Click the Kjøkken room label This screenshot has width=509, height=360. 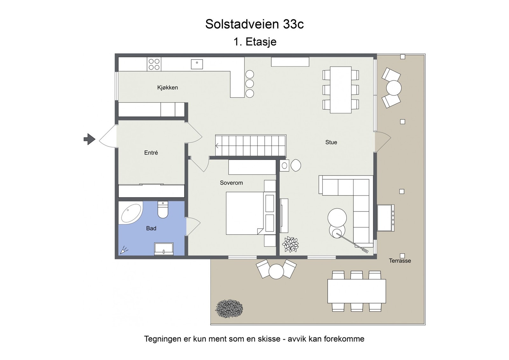(x=167, y=87)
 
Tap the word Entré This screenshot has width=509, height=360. (x=151, y=153)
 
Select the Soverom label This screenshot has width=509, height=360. (x=231, y=183)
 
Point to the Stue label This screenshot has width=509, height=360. (x=331, y=142)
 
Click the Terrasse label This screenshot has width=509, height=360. (x=400, y=261)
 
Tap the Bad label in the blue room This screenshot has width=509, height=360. (x=151, y=228)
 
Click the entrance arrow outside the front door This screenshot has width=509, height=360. (x=89, y=139)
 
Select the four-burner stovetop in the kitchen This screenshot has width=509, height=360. (x=154, y=64)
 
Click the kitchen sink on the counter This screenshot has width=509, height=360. (x=197, y=64)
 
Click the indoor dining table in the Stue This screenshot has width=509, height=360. (x=340, y=90)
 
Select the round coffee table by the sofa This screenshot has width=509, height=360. (x=337, y=218)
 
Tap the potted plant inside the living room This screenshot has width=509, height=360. (x=290, y=245)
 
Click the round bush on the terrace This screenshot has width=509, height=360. (x=229, y=308)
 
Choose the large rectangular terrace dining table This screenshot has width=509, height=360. (x=357, y=291)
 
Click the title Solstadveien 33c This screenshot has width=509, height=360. (x=254, y=24)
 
